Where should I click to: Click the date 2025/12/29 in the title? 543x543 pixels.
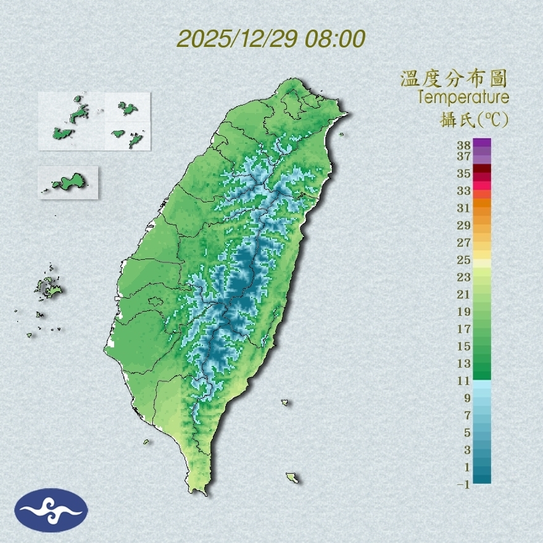pyautogui.click(x=236, y=39)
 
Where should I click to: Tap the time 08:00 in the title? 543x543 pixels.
pyautogui.click(x=333, y=39)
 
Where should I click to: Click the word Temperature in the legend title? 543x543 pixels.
pyautogui.click(x=463, y=97)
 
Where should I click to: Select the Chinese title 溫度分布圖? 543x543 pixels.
pyautogui.click(x=454, y=78)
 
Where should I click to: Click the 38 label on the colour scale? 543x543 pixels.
pyautogui.click(x=464, y=146)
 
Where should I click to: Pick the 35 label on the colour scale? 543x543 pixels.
pyautogui.click(x=464, y=173)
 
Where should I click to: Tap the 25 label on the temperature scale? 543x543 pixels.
pyautogui.click(x=464, y=260)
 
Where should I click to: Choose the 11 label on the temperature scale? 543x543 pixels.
pyautogui.click(x=464, y=381)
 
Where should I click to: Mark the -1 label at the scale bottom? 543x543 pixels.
pyautogui.click(x=463, y=484)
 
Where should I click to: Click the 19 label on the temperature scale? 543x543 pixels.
pyautogui.click(x=464, y=312)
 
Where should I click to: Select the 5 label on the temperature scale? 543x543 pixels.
pyautogui.click(x=467, y=433)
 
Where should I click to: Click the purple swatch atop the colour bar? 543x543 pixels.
pyautogui.click(x=482, y=143)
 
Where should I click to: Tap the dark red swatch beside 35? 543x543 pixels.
pyautogui.click(x=482, y=169)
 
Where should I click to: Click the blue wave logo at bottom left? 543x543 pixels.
pyautogui.click(x=51, y=510)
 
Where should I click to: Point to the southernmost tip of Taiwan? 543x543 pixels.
pyautogui.click(x=199, y=492)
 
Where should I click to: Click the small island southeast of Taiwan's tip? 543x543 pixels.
pyautogui.click(x=292, y=478)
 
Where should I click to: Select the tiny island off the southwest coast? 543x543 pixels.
pyautogui.click(x=146, y=441)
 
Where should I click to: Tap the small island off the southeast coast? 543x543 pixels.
pyautogui.click(x=285, y=402)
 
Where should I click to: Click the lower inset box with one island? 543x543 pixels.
pyautogui.click(x=68, y=182)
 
